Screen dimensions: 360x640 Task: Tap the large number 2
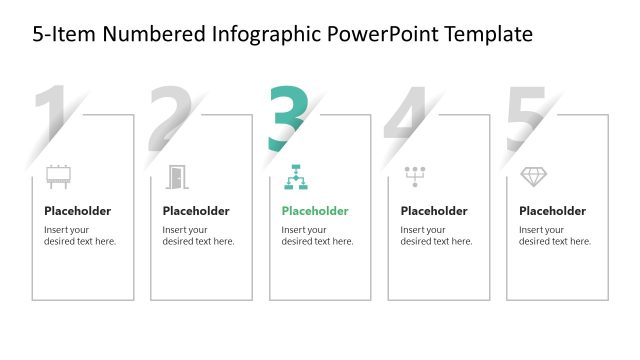click(171, 118)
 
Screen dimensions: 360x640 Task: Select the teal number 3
click(288, 118)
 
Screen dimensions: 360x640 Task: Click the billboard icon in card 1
click(59, 177)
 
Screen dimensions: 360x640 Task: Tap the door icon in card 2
click(177, 177)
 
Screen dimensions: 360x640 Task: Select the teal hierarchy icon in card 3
click(296, 177)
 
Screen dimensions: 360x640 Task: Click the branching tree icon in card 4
click(415, 177)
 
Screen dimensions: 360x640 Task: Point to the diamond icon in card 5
click(534, 177)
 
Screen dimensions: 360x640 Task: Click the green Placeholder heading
click(315, 211)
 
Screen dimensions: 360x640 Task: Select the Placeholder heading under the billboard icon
click(77, 211)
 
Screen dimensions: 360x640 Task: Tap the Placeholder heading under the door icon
click(196, 211)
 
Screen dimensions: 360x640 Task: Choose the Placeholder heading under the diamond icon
click(552, 211)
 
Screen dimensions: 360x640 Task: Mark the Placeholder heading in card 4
click(434, 211)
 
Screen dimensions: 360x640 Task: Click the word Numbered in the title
click(157, 34)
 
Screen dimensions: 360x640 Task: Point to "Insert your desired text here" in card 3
click(317, 236)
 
